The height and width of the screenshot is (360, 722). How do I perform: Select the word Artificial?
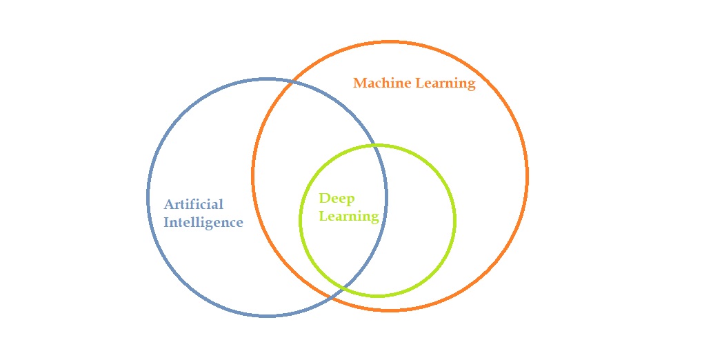point(194,205)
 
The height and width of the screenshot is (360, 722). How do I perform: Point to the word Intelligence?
point(203,223)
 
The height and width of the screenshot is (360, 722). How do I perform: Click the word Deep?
point(337,199)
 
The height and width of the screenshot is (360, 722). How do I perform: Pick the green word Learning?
point(348,217)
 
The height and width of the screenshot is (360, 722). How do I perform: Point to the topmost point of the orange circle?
point(390,42)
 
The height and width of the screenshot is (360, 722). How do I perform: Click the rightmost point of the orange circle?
point(528,176)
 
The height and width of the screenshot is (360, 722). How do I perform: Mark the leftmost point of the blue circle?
point(148,197)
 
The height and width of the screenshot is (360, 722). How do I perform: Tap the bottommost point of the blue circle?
point(268,316)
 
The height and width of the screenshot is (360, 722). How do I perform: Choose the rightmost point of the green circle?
point(455,220)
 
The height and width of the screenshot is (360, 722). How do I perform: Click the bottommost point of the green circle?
point(377,296)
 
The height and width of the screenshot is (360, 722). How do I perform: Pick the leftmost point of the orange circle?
point(253,176)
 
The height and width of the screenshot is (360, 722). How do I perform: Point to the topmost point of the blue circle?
point(268,79)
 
